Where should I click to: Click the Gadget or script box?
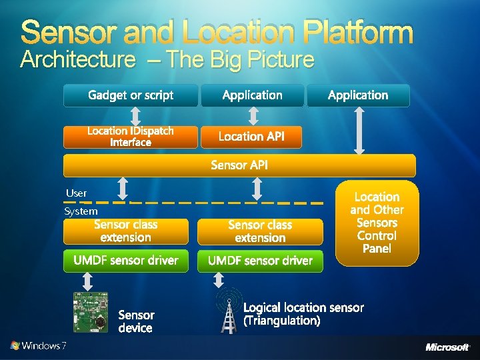coord(131,95)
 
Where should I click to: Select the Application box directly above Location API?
coord(252,95)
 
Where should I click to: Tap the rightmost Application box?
coord(358,95)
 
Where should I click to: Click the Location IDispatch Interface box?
coord(131,137)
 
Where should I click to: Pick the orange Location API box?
coord(251,137)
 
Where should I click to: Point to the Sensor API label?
coord(239,165)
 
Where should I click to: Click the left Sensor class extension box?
coord(126,231)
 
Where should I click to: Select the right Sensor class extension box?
coord(260,231)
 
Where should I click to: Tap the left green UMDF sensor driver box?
coord(126,261)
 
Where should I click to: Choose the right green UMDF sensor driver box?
coord(260,261)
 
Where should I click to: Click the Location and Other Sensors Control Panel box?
coord(377,223)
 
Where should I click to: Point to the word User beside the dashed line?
coord(77,193)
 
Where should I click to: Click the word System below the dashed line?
coord(81,211)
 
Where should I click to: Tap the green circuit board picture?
coord(90,312)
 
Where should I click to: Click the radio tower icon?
coord(229,312)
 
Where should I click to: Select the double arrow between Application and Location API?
coord(252,116)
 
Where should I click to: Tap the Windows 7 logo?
coord(38,346)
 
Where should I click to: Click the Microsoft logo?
coord(447,347)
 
